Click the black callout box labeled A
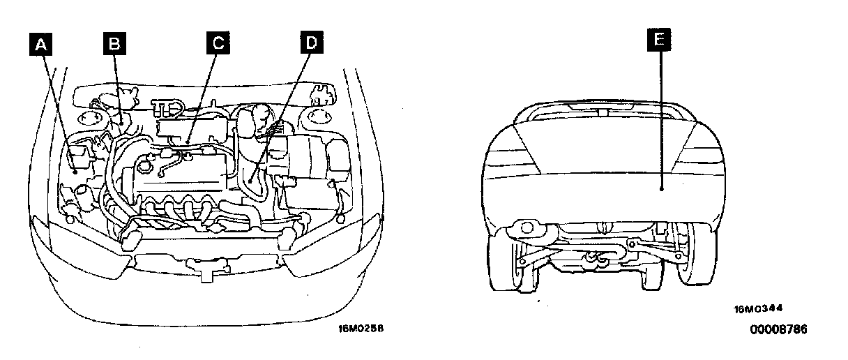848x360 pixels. click(43, 45)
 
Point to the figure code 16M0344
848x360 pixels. click(757, 308)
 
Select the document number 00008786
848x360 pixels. click(778, 329)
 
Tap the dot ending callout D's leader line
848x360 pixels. click(250, 180)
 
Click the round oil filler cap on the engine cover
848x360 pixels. click(145, 167)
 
